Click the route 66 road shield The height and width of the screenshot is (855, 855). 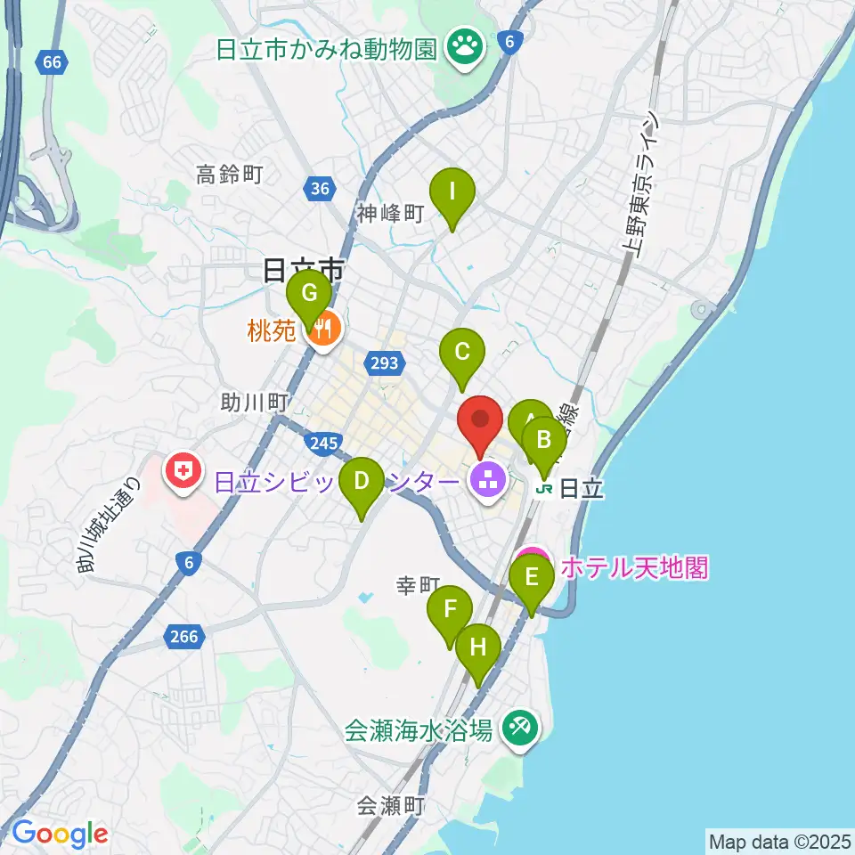pos(51,61)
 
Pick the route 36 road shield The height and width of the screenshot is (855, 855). pos(320,187)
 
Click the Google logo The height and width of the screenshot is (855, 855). pos(60,833)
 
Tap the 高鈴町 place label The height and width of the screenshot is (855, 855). pos(229,175)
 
